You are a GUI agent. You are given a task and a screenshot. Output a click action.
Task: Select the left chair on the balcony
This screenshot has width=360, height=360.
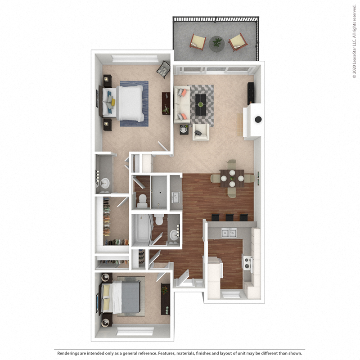coord(198,41)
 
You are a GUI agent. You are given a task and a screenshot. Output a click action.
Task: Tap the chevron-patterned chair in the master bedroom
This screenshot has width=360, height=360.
coord(163,69)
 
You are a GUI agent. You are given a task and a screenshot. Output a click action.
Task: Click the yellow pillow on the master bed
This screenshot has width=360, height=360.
coord(113,103)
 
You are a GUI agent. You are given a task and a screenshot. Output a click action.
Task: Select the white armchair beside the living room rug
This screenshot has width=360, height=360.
coord(200,132)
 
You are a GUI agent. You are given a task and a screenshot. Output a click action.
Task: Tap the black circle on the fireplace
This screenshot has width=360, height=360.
coord(258,120)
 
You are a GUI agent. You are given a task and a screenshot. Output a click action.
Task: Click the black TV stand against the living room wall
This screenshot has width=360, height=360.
coord(250,94)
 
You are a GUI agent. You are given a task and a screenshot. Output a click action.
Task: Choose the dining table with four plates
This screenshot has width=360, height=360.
coord(232,178)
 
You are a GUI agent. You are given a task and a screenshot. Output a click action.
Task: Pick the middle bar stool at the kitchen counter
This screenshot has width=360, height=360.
coord(229,217)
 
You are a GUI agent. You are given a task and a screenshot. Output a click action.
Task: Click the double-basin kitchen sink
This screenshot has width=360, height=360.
coord(229,233)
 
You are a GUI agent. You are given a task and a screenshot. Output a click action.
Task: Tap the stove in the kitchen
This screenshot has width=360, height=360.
coord(247,263)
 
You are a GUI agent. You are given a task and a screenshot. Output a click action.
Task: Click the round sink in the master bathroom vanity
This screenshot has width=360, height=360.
coord(104,183)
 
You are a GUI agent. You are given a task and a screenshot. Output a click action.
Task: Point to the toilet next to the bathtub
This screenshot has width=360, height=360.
coord(159,220)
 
